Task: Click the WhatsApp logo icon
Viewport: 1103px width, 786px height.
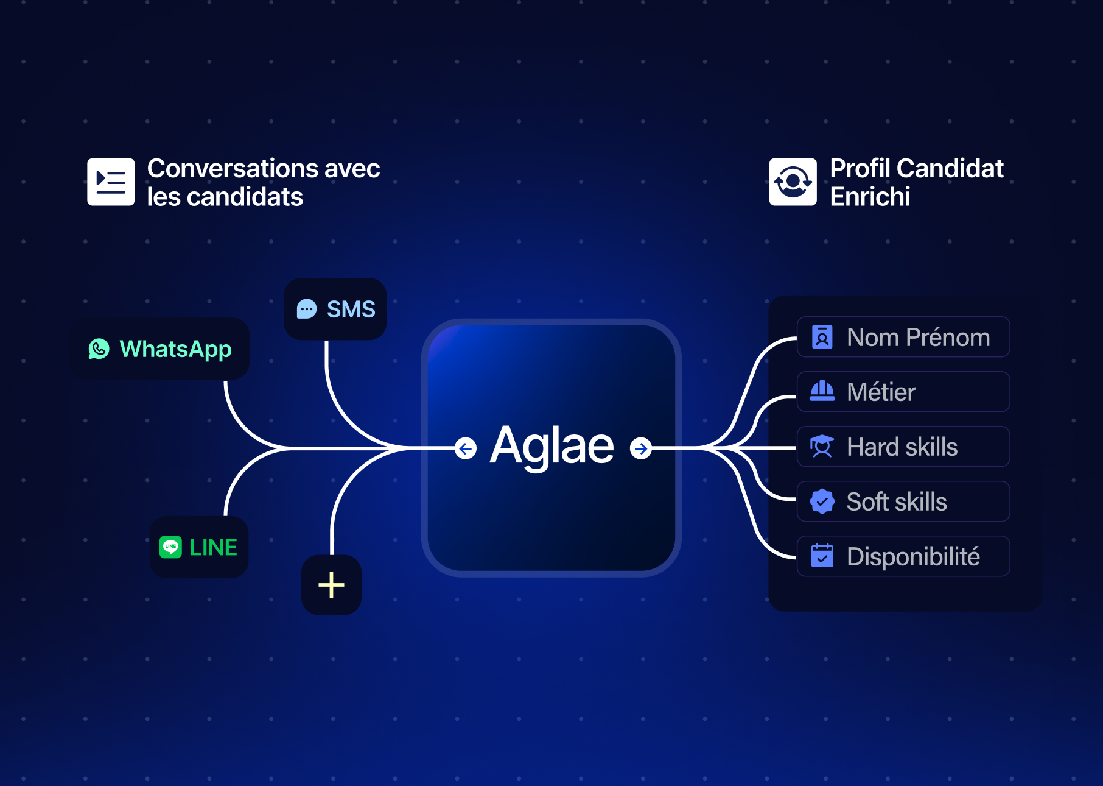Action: coord(99,349)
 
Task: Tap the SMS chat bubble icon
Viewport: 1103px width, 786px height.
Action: coord(307,309)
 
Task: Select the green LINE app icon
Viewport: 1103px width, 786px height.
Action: coord(170,547)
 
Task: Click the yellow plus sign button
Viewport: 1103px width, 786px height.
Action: coord(331,585)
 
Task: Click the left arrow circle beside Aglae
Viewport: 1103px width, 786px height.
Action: coord(466,449)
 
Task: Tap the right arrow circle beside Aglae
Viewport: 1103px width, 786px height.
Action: coord(640,449)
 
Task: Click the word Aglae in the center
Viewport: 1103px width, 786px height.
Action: coord(552,447)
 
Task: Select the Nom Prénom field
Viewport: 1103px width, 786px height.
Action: coord(903,337)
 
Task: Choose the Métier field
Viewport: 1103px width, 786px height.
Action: coord(903,392)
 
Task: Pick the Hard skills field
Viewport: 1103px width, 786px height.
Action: coord(903,447)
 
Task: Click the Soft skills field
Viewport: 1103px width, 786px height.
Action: coord(903,501)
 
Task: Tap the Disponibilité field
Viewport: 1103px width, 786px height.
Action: coord(903,556)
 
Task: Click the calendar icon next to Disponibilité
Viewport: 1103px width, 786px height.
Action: coord(822,556)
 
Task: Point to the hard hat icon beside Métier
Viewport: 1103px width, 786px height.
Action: coord(822,391)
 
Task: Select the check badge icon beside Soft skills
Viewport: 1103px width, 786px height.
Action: coord(822,501)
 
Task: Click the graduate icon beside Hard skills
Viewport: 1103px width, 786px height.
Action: coord(822,447)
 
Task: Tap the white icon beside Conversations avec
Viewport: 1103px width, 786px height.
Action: coord(111,182)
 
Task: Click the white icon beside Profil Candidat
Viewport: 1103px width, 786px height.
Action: coord(793,182)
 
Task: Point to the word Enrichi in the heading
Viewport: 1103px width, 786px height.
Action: coord(870,197)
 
